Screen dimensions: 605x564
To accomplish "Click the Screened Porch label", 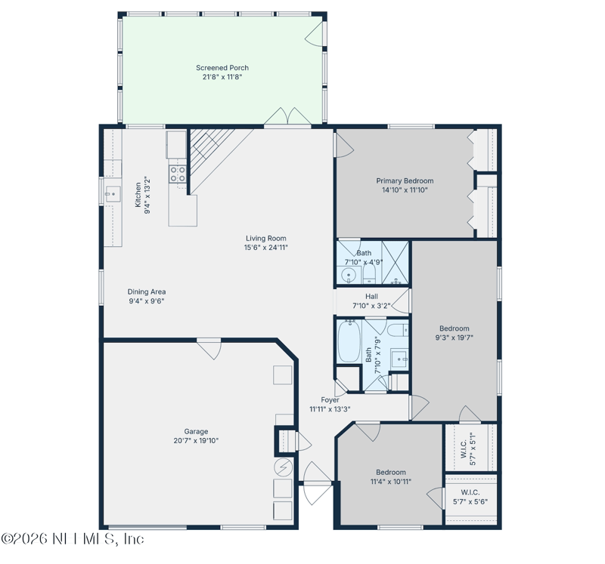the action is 222,68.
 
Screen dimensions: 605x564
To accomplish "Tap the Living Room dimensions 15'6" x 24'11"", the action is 266,248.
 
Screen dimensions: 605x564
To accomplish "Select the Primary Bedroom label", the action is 405,180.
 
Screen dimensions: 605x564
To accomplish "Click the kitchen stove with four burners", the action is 178,174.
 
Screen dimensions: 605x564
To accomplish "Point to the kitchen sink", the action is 113,195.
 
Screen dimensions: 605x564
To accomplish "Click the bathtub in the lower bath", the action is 349,341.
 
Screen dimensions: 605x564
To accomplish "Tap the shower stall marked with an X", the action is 395,262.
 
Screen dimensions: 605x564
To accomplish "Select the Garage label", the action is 196,431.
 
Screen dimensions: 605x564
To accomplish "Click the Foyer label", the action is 330,400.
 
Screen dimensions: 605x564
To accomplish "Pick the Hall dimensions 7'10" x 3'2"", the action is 371,306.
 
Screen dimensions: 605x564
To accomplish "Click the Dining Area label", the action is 147,291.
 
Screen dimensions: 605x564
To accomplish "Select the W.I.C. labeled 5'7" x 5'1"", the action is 468,448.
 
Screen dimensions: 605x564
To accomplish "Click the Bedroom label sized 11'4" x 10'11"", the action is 391,473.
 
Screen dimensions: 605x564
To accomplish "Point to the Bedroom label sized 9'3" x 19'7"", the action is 455,328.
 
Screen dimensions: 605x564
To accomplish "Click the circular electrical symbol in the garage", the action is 284,467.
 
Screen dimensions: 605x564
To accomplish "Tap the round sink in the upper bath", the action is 349,275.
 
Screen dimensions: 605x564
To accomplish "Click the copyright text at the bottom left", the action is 73,538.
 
